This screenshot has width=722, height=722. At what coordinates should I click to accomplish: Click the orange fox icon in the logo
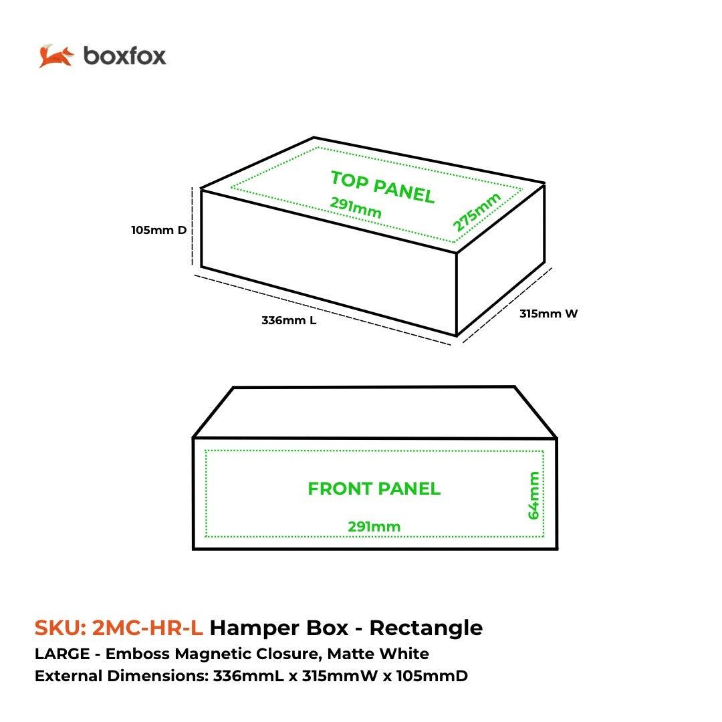tap(56, 56)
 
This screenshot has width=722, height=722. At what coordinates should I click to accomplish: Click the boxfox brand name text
tap(125, 56)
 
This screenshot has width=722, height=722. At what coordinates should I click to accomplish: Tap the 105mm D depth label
tap(159, 230)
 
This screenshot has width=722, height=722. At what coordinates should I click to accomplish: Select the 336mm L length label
tap(289, 320)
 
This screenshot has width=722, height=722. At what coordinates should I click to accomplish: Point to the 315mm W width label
tap(548, 314)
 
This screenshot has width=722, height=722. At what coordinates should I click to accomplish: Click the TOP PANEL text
tap(382, 187)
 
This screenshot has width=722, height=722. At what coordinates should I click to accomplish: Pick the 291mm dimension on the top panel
tap(356, 208)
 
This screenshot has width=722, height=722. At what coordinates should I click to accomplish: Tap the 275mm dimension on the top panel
tap(477, 212)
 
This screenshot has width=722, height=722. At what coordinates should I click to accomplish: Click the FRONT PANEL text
tap(374, 489)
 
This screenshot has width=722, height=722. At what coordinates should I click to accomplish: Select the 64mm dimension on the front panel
tap(533, 495)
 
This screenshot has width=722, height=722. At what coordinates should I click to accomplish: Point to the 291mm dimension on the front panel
tap(374, 526)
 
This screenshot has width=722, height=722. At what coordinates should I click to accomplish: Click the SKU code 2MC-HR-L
tap(147, 628)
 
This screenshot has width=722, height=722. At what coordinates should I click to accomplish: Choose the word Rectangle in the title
tap(426, 628)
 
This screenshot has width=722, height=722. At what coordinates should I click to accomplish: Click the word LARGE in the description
tap(62, 654)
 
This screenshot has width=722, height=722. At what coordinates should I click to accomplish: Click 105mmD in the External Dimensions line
tap(432, 676)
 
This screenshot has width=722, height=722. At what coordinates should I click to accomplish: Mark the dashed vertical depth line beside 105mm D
tap(193, 226)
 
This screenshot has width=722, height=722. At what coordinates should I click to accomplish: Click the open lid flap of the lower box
tap(375, 412)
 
